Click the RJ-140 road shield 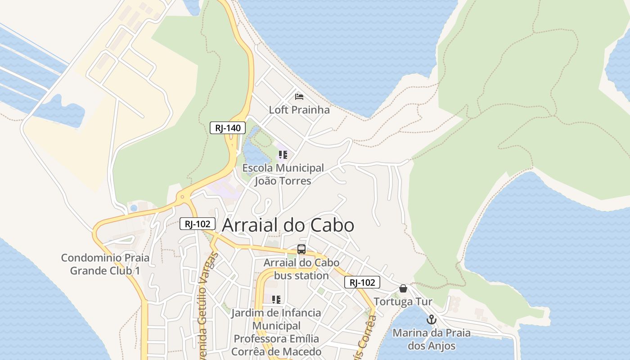(x=228, y=128)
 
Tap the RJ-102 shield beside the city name (x=197, y=224)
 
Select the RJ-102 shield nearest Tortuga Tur (x=362, y=282)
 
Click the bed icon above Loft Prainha (x=299, y=96)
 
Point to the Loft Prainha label (x=299, y=110)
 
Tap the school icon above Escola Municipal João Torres (x=283, y=155)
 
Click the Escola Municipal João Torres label (x=283, y=174)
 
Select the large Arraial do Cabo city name (x=288, y=225)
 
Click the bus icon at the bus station (x=301, y=249)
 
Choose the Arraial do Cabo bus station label (x=301, y=269)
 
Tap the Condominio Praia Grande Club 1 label (x=105, y=264)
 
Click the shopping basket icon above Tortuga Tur (x=403, y=288)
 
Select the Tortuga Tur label (x=403, y=301)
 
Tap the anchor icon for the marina (x=432, y=319)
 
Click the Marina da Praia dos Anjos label (x=432, y=339)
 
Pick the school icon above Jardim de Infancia (x=276, y=299)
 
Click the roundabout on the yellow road (x=182, y=197)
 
